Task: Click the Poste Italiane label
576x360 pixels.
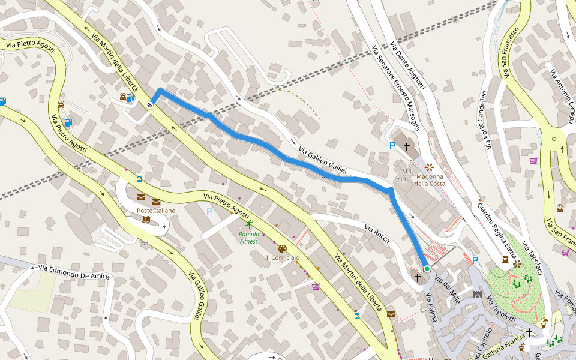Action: click(156, 211)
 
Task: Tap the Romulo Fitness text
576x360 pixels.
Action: click(248, 238)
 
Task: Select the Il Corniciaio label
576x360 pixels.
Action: click(283, 257)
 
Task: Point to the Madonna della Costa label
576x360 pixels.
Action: click(430, 179)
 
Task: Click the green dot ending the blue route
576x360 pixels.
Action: click(427, 269)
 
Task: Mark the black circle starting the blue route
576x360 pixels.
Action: click(149, 105)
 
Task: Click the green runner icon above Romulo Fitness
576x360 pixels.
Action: click(249, 224)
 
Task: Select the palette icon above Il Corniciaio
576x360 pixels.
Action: click(282, 248)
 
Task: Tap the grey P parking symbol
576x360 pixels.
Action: click(209, 211)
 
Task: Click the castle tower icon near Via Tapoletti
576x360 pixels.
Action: click(478, 295)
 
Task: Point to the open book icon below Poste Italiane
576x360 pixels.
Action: click(145, 219)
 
